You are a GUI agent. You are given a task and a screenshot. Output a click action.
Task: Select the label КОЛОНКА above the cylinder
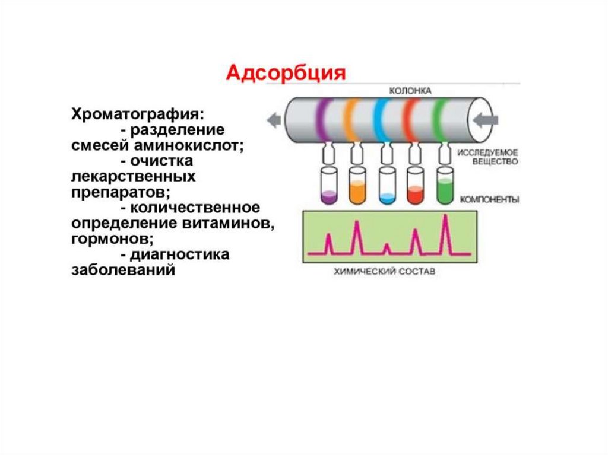click(410, 91)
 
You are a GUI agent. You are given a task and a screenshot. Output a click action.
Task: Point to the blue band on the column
click(382, 120)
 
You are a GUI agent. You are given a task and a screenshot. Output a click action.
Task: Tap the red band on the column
click(411, 120)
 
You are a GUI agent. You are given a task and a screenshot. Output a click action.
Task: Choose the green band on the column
click(440, 120)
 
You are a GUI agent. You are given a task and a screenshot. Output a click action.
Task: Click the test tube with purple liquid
click(328, 186)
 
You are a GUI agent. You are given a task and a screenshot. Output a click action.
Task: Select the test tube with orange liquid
click(357, 186)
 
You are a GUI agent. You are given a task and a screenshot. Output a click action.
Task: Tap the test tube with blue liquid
click(387, 186)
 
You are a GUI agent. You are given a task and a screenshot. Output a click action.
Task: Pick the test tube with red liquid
click(416, 186)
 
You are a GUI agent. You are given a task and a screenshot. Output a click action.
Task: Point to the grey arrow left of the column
click(274, 120)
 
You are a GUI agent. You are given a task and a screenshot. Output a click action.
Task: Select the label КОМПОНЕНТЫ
click(489, 200)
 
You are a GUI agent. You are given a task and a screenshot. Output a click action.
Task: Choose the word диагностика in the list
click(182, 255)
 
